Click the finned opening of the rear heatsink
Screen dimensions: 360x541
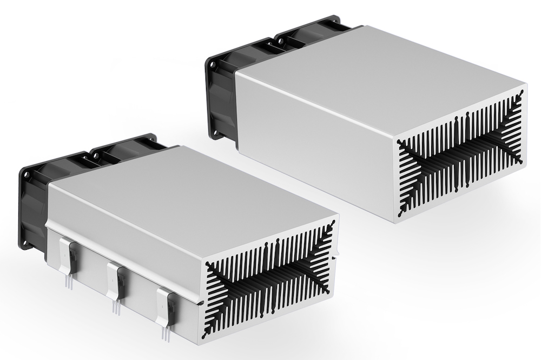click(460, 151)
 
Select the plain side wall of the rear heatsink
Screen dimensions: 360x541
click(314, 141)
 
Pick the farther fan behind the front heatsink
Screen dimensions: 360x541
click(124, 151)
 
